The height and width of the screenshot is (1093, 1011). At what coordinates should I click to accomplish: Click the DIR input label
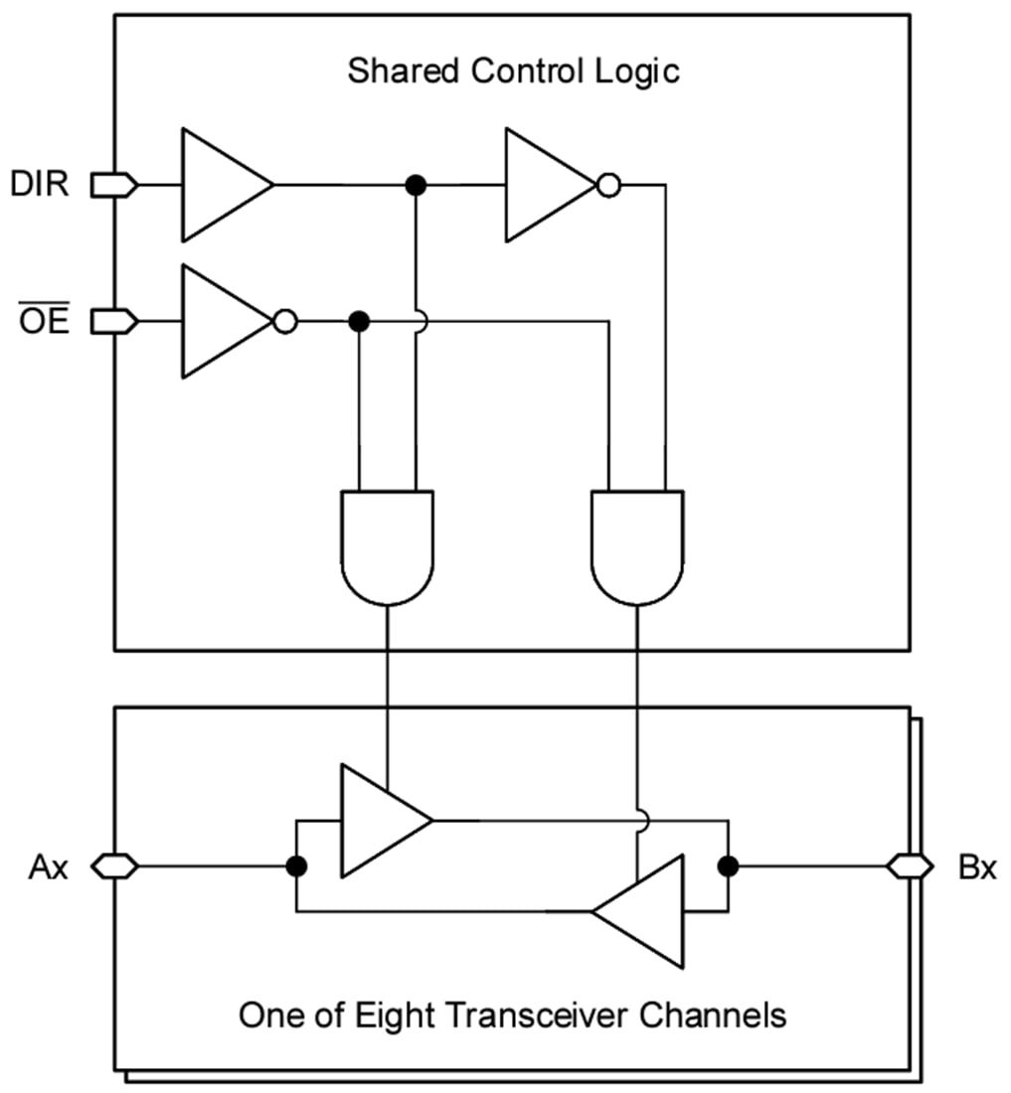[41, 184]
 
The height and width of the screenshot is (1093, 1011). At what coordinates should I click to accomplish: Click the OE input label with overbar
[41, 320]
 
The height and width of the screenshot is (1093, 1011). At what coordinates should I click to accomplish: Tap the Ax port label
[49, 867]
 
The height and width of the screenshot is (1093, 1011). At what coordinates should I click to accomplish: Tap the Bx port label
[976, 867]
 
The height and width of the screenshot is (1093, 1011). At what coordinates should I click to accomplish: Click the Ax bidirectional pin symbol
[114, 867]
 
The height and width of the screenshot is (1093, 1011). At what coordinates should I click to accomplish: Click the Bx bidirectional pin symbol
[910, 867]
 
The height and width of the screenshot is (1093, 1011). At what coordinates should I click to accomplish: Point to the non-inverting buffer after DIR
[221, 185]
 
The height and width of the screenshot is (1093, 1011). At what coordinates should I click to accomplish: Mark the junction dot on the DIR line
[417, 185]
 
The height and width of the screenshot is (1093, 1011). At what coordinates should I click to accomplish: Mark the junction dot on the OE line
[360, 321]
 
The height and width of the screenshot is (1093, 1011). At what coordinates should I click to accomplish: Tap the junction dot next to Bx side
[729, 866]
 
